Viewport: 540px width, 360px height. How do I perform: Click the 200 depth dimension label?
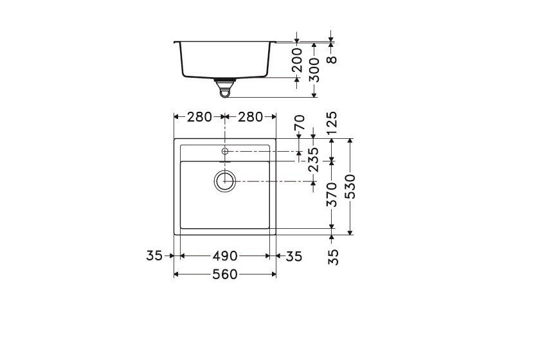click(x=297, y=60)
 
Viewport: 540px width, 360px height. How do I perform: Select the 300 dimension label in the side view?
click(x=314, y=70)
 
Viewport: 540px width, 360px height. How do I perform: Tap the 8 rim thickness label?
click(x=331, y=60)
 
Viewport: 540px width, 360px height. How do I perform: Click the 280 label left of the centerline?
click(x=199, y=117)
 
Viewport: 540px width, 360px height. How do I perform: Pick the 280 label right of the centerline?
click(x=250, y=117)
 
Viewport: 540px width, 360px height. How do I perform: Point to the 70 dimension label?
click(x=300, y=122)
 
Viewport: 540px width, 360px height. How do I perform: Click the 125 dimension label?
click(x=332, y=123)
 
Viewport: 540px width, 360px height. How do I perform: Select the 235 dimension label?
click(x=314, y=159)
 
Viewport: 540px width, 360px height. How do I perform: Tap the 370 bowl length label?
click(x=332, y=195)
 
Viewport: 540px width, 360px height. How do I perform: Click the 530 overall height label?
click(x=350, y=186)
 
